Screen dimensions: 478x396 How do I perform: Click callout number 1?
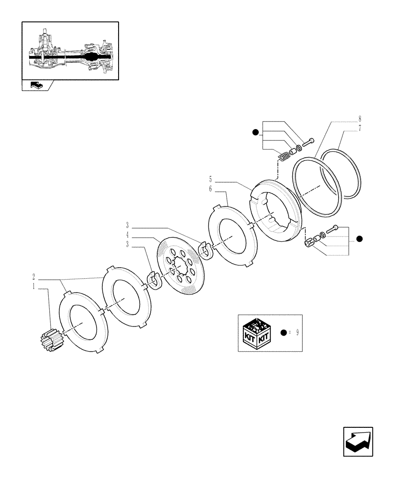[x=34, y=288]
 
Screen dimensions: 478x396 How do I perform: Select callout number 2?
[x=34, y=277]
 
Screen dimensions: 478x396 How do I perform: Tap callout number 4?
[x=128, y=236]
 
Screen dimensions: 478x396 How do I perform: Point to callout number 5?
[x=210, y=180]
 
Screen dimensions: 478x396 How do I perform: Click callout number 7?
[x=359, y=129]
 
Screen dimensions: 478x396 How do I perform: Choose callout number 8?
[x=359, y=118]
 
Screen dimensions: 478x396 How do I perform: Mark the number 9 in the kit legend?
[x=297, y=333]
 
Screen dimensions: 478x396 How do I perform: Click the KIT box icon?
[x=257, y=333]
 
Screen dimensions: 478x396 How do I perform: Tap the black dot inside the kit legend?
[x=284, y=333]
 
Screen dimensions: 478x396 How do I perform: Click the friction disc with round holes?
[x=182, y=271]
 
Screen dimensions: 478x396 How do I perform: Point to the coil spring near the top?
[x=285, y=156]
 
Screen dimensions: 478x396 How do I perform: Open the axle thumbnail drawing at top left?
[x=70, y=51]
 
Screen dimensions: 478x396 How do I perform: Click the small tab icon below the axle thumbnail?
[x=36, y=86]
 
